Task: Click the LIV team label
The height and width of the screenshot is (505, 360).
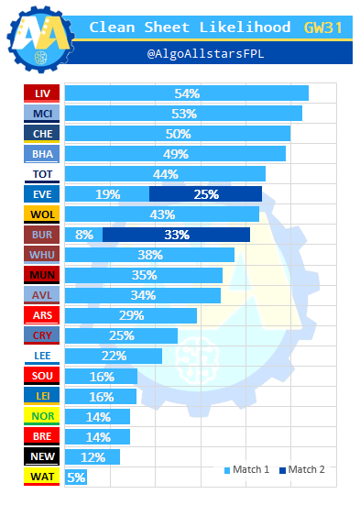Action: pos(41,93)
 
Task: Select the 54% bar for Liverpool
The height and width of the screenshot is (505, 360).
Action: pos(187,93)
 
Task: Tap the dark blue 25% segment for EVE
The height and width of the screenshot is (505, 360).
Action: pos(205,194)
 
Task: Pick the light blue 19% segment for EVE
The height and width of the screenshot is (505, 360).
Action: pos(107,194)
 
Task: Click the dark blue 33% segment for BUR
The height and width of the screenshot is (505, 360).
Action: pos(176,235)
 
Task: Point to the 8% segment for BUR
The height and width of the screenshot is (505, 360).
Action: pos(83,235)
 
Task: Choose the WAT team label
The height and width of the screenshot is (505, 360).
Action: pos(41,477)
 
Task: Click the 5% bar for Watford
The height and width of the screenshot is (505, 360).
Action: pos(76,477)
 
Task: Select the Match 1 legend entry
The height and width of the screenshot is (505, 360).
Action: pos(246,469)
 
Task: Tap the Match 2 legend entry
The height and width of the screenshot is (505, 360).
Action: pos(302,469)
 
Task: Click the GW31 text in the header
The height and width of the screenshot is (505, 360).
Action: pos(323,27)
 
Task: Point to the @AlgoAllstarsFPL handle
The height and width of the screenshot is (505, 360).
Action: pos(206,53)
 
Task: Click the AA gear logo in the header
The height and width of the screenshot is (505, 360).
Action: pos(41,39)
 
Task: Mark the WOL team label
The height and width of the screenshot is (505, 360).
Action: pos(41,214)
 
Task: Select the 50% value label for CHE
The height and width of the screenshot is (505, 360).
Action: pos(178,134)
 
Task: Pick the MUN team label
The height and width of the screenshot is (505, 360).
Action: pos(41,275)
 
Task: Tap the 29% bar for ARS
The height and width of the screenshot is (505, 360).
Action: pos(131,315)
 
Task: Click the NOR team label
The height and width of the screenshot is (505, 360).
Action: pos(41,416)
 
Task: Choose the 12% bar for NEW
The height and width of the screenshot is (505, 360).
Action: pos(93,456)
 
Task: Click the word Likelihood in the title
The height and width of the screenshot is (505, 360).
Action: pos(245,27)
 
